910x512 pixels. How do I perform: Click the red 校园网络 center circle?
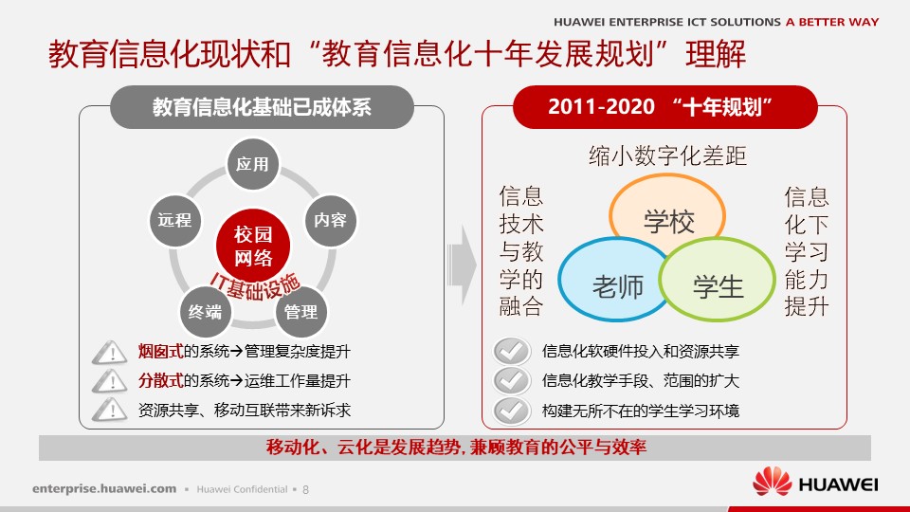point(253,246)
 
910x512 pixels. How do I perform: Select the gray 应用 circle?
point(252,164)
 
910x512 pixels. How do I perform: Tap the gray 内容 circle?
point(330,220)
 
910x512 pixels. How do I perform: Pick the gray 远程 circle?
point(174,220)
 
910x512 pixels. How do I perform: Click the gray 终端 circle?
point(205,312)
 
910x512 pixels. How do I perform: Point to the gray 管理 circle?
point(300,312)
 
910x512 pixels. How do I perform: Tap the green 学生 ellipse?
point(718,279)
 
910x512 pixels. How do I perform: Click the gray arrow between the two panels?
point(462,265)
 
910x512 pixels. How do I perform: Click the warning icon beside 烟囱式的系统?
point(110,353)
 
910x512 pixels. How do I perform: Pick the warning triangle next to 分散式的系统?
point(110,381)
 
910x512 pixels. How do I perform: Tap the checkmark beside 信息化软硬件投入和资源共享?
point(511,351)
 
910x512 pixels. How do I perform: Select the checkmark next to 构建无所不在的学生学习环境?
point(511,411)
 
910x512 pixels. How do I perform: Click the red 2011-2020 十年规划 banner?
point(665,107)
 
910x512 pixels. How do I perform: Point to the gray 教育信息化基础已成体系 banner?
point(262,107)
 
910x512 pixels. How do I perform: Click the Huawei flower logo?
point(772,481)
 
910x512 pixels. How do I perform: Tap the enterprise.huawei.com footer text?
point(104,489)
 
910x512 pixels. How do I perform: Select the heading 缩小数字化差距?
point(667,155)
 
